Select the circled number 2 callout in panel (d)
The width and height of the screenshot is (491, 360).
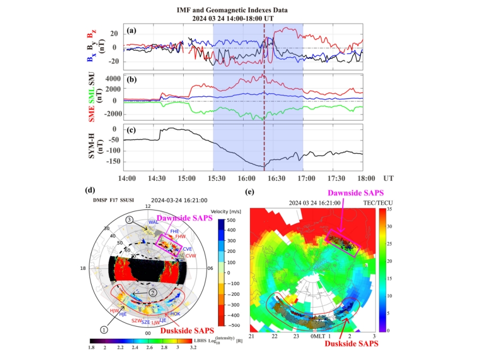pos(153,293)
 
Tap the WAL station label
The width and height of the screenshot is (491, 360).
pos(154,223)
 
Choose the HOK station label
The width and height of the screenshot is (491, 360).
pos(176,314)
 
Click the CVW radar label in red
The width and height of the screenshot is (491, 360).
pos(191,256)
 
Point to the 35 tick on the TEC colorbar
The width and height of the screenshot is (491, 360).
pos(389,209)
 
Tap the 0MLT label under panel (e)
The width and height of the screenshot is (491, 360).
pos(317,337)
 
